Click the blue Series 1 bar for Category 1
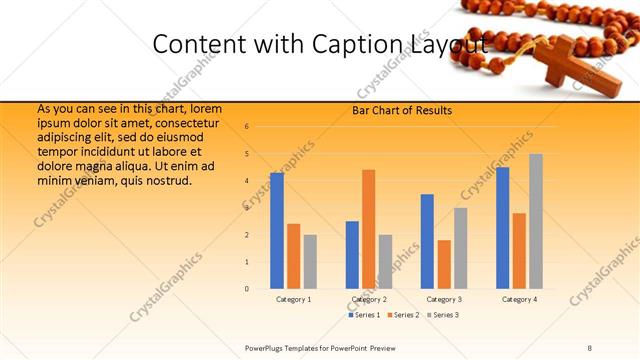[277, 231]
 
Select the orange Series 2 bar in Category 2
[368, 229]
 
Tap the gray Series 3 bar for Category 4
[536, 221]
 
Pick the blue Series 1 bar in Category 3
[427, 241]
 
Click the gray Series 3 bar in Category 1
[310, 262]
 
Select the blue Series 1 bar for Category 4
[502, 228]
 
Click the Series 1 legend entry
[365, 315]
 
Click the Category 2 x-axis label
[369, 299]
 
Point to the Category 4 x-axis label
[519, 299]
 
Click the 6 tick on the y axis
[247, 127]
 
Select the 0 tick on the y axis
[247, 289]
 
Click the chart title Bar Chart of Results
[402, 110]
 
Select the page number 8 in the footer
[590, 347]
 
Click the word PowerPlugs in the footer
[265, 347]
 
